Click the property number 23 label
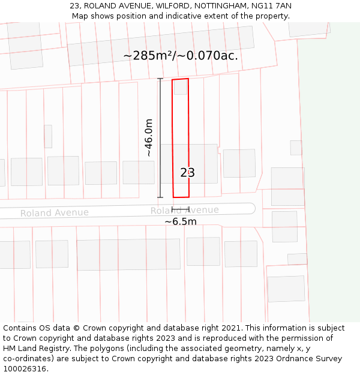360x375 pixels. pos(188,173)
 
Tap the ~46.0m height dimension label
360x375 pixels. pos(148,138)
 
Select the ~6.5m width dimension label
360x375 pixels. pos(181,221)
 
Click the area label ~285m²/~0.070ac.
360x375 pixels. pos(181,56)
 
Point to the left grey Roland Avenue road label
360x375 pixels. pos(55,213)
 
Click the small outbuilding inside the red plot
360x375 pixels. pos(181,87)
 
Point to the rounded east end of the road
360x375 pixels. pos(251,208)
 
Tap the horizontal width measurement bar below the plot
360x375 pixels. pos(181,209)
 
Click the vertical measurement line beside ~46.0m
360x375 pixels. pos(160,138)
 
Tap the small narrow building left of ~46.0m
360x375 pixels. pos(48,136)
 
